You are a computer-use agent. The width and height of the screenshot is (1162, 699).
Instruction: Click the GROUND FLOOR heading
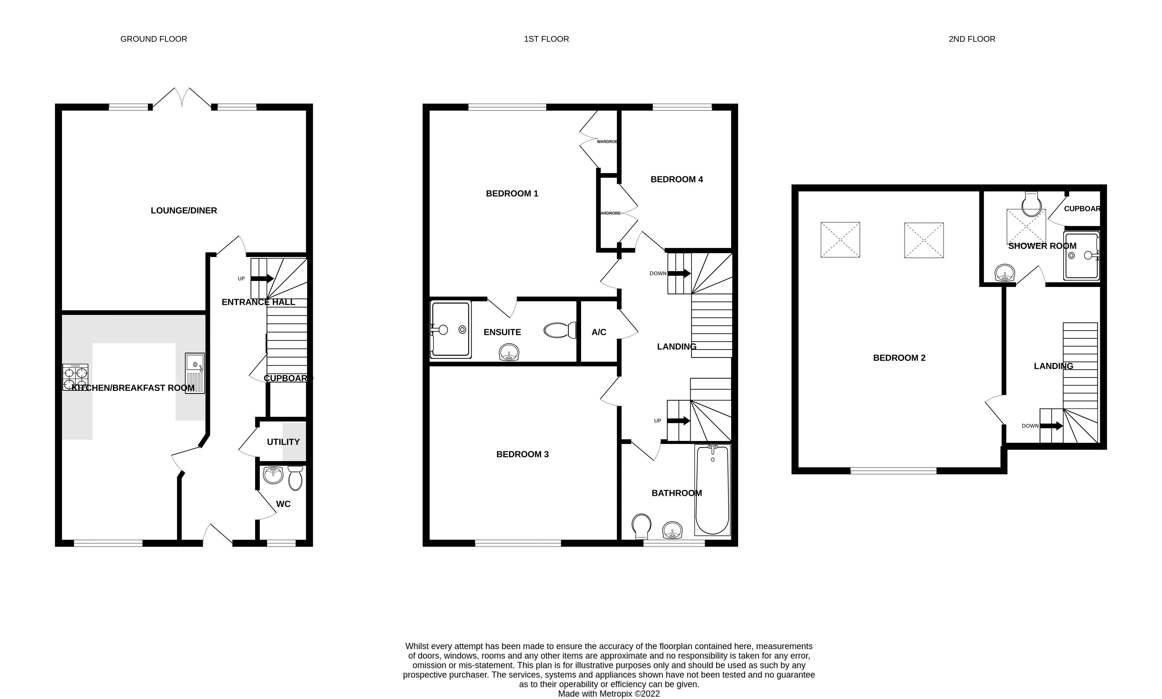click(x=154, y=39)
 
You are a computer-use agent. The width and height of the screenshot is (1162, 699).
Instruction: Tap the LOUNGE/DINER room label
click(x=184, y=210)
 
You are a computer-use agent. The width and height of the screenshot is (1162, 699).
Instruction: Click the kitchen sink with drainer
click(x=194, y=373)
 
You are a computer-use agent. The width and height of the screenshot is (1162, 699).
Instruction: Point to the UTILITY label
click(x=283, y=442)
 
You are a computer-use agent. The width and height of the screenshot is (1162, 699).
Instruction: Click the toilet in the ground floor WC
click(x=295, y=478)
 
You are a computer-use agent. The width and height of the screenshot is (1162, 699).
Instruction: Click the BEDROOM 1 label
click(x=512, y=194)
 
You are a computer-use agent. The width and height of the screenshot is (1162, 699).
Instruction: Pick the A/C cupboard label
click(x=599, y=332)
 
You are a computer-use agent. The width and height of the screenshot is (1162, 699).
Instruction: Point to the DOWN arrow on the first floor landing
click(x=679, y=273)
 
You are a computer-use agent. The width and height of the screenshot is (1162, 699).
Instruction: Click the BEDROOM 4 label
click(x=676, y=179)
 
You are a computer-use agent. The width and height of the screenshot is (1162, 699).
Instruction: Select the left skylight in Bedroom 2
click(x=840, y=240)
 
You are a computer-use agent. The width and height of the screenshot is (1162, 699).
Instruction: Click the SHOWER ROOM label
click(x=1042, y=246)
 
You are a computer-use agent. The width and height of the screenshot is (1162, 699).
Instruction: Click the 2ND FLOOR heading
click(x=972, y=39)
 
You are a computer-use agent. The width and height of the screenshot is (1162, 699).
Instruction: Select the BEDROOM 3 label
click(x=522, y=454)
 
